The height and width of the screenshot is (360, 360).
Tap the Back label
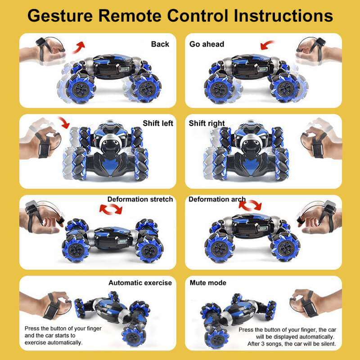coord(160,44)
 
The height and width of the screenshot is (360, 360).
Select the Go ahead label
coord(207,44)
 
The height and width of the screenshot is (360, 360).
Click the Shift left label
coord(157,123)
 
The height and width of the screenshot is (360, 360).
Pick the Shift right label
coord(207,123)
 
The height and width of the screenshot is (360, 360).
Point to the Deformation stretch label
coord(140,199)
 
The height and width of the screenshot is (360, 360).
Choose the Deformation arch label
coord(217,199)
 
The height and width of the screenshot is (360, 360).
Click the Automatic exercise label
coord(140,283)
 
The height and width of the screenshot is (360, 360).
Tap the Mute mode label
coord(208,283)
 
